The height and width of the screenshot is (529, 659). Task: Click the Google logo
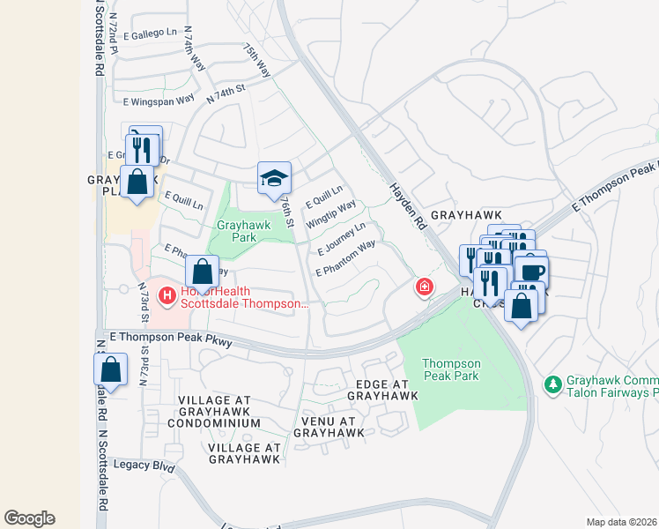point(29,518)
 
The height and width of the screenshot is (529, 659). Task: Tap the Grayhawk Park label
point(244,231)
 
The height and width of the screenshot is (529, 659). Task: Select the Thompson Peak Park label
point(450,370)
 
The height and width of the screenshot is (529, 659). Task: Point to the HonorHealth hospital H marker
point(166,297)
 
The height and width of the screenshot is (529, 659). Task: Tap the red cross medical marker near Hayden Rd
point(425,287)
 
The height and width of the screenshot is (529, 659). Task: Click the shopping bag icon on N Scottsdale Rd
point(110,369)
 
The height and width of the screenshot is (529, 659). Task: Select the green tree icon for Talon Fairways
point(552,385)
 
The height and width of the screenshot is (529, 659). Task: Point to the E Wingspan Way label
point(159,101)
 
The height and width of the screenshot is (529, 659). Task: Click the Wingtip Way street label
point(330,215)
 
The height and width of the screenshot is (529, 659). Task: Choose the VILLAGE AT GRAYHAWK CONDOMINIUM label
point(219,412)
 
